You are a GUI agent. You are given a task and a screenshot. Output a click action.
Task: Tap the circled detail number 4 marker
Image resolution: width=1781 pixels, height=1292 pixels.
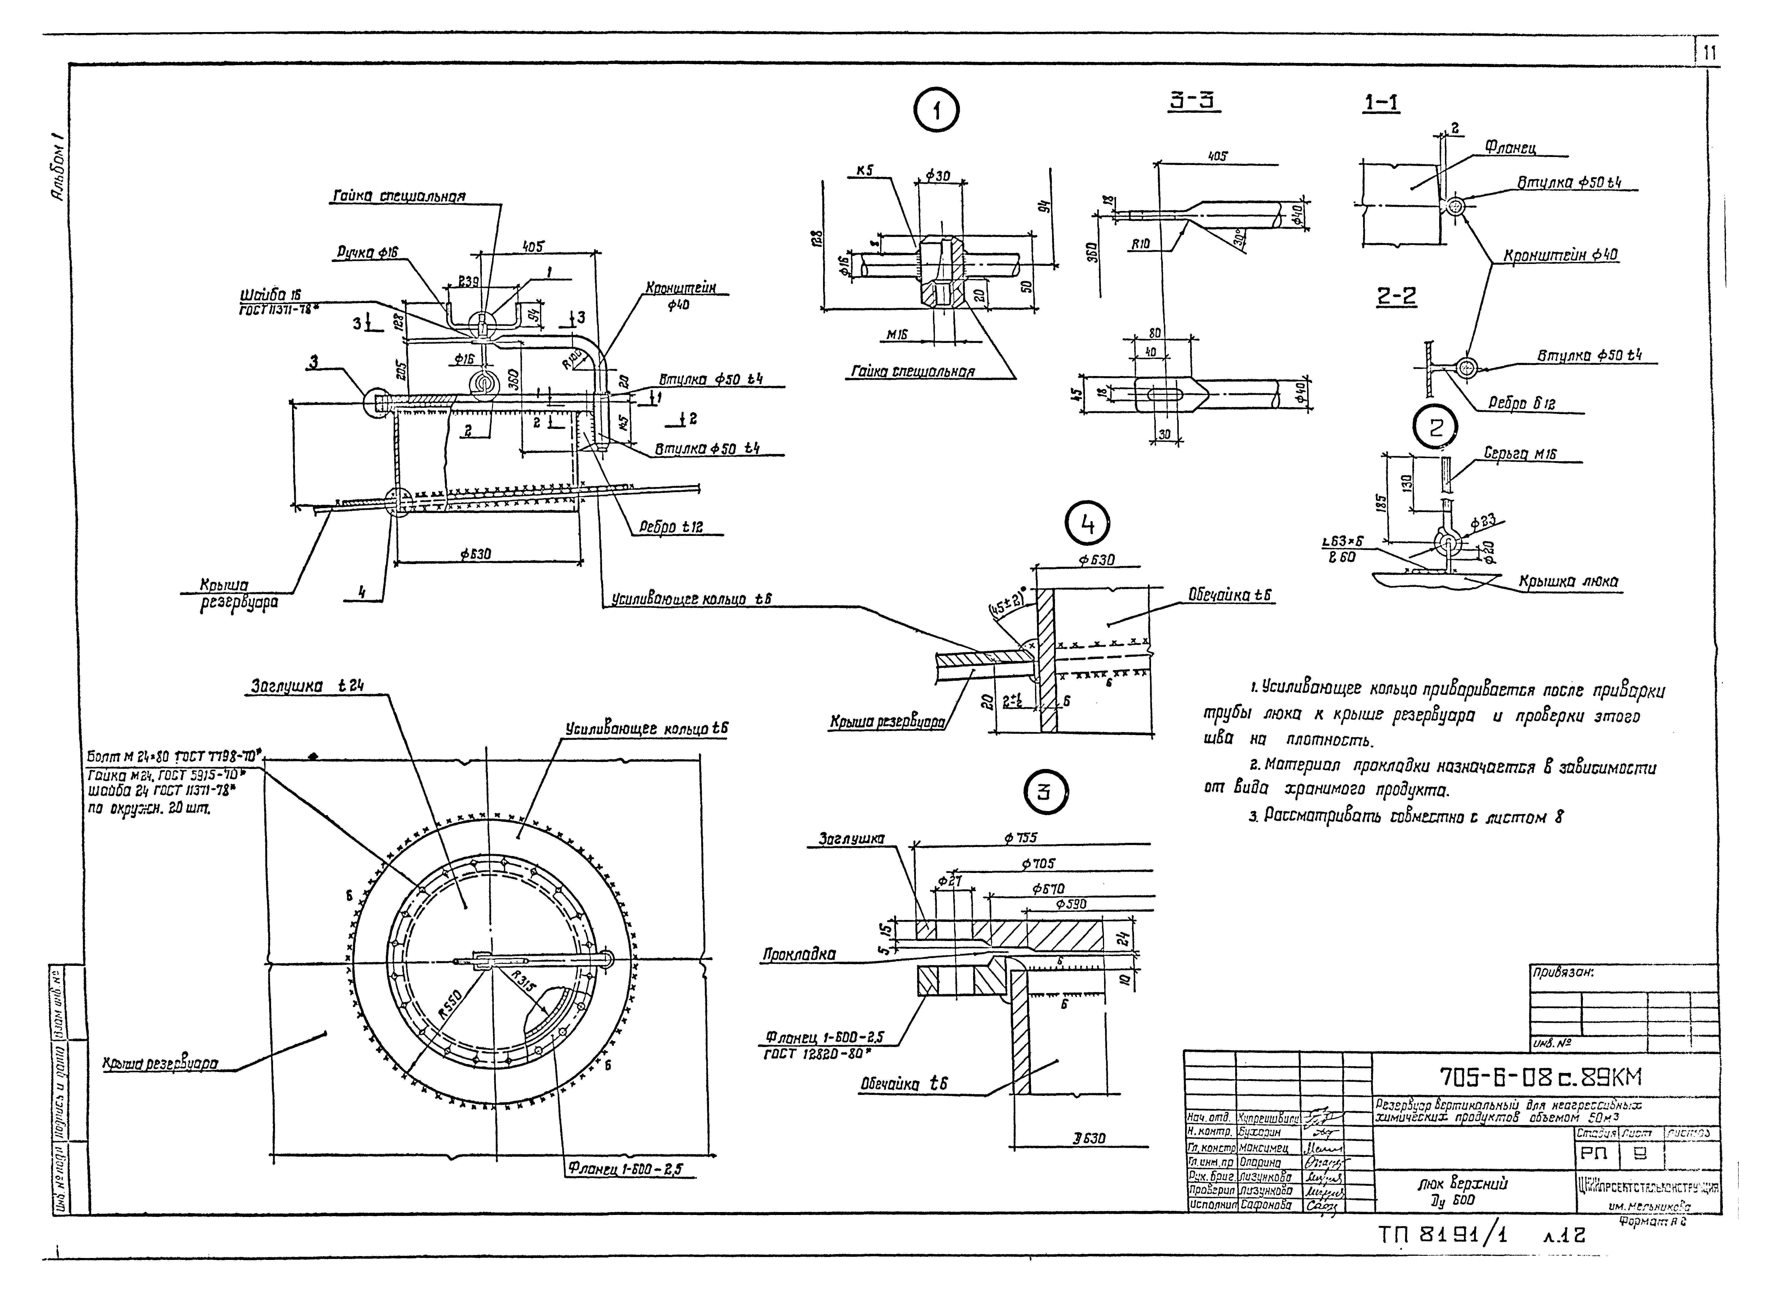coord(1088,525)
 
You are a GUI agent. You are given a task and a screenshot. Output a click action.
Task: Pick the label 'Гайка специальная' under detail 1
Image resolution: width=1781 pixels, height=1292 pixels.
coord(913,371)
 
